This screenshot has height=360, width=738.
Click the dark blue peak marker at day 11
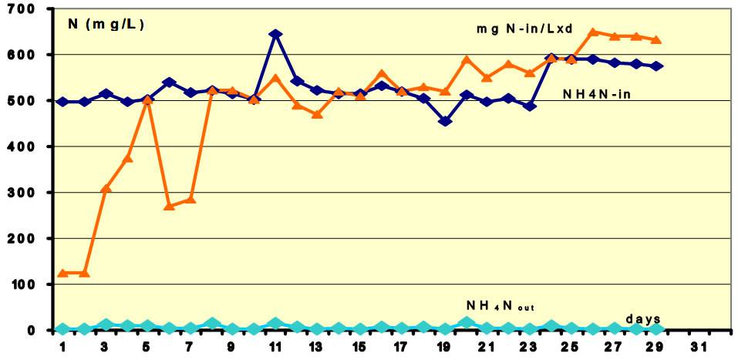(275, 35)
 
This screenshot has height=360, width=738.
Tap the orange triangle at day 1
(63, 273)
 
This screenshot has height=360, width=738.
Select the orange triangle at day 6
(170, 206)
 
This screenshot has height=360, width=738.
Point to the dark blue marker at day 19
(445, 121)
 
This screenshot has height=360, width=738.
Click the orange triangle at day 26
(593, 32)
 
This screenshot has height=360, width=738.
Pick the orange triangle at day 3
(106, 188)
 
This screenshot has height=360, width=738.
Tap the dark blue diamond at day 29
(656, 66)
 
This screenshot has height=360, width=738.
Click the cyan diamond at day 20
(466, 323)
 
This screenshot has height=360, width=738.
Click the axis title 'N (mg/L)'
(106, 24)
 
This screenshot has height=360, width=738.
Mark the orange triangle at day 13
(318, 114)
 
